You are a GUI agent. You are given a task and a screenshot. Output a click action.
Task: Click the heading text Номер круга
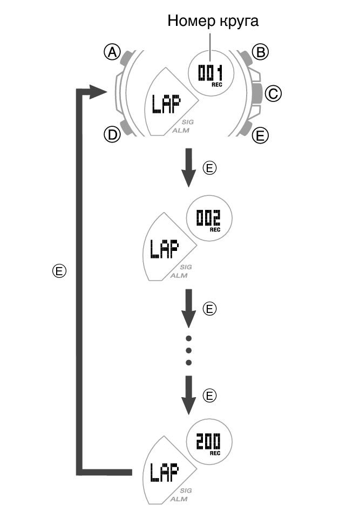click(x=213, y=21)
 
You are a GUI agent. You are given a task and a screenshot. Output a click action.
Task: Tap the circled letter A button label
click(x=112, y=52)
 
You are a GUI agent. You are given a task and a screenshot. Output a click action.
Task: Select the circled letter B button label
click(x=261, y=52)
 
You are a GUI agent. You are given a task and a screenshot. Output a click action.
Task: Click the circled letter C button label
click(x=274, y=93)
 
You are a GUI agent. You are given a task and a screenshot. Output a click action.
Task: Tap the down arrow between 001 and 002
click(x=188, y=167)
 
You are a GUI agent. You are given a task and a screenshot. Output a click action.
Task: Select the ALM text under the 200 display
click(x=179, y=499)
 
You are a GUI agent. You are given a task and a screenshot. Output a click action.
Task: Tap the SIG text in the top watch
click(x=187, y=122)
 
